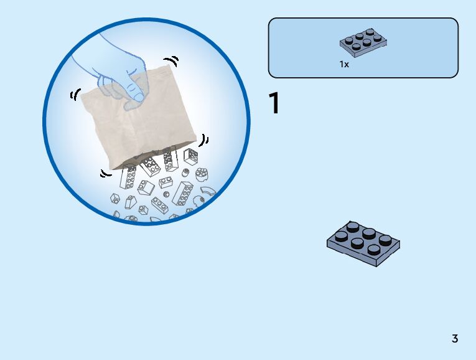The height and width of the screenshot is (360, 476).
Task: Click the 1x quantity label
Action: [344, 64]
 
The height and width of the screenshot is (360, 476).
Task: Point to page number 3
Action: [455, 339]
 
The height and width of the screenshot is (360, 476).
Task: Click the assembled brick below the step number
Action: [363, 242]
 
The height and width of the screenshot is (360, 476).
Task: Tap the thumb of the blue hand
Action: [133, 93]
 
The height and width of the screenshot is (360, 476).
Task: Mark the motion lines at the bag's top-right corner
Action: [174, 62]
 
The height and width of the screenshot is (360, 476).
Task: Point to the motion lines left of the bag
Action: [75, 95]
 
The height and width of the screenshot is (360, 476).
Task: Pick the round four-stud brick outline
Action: [201, 174]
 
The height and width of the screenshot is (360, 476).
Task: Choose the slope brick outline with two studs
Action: [146, 187]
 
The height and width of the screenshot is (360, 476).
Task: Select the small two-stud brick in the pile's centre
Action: [166, 182]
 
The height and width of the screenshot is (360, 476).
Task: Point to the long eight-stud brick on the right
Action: [183, 194]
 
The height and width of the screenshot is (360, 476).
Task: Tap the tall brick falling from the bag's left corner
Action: [129, 178]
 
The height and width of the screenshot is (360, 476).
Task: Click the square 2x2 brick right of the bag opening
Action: [190, 156]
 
